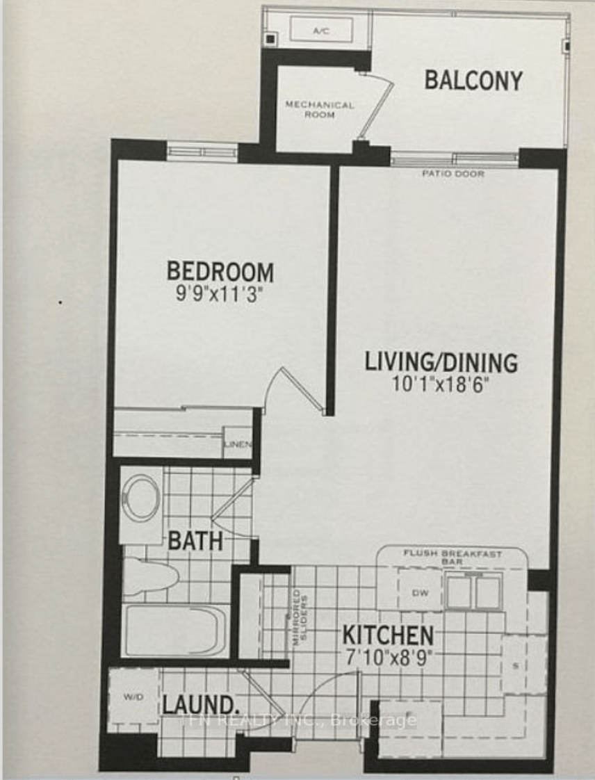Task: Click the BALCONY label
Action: pos(473,81)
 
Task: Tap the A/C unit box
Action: pos(320,30)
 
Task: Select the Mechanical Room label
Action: pos(319,109)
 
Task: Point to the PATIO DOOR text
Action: pos(453,174)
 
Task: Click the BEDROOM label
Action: pos(220,270)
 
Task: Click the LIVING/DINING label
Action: pos(442,362)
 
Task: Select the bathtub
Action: pos(177,630)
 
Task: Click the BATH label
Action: pos(195,540)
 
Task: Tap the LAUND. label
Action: pos(201,704)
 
